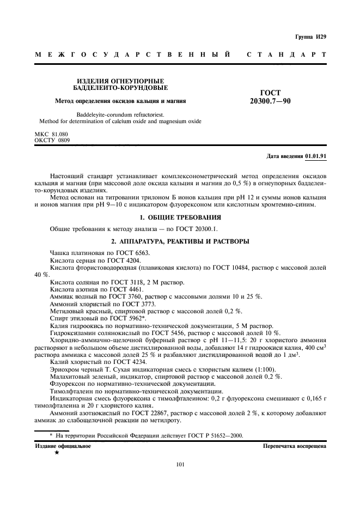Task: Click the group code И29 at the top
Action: click(321, 37)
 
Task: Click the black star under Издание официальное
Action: click(56, 453)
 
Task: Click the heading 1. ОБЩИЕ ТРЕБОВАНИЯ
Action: click(181, 217)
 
